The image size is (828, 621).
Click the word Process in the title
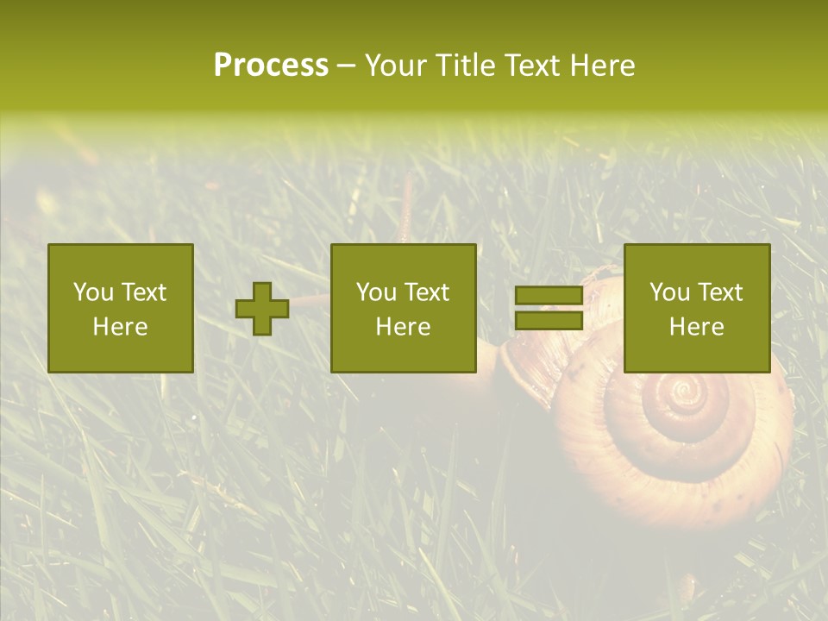pyautogui.click(x=271, y=66)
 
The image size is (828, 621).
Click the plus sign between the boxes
pyautogui.click(x=262, y=309)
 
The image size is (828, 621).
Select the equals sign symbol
pyautogui.click(x=549, y=309)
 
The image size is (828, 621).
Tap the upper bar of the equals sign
pyautogui.click(x=549, y=296)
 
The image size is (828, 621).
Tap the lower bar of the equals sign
pyautogui.click(x=549, y=321)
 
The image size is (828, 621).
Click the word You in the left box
pyautogui.click(x=93, y=292)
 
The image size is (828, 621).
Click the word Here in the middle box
pyautogui.click(x=403, y=327)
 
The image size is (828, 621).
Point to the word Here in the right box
pyautogui.click(x=696, y=327)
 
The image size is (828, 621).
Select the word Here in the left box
pyautogui.click(x=120, y=327)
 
